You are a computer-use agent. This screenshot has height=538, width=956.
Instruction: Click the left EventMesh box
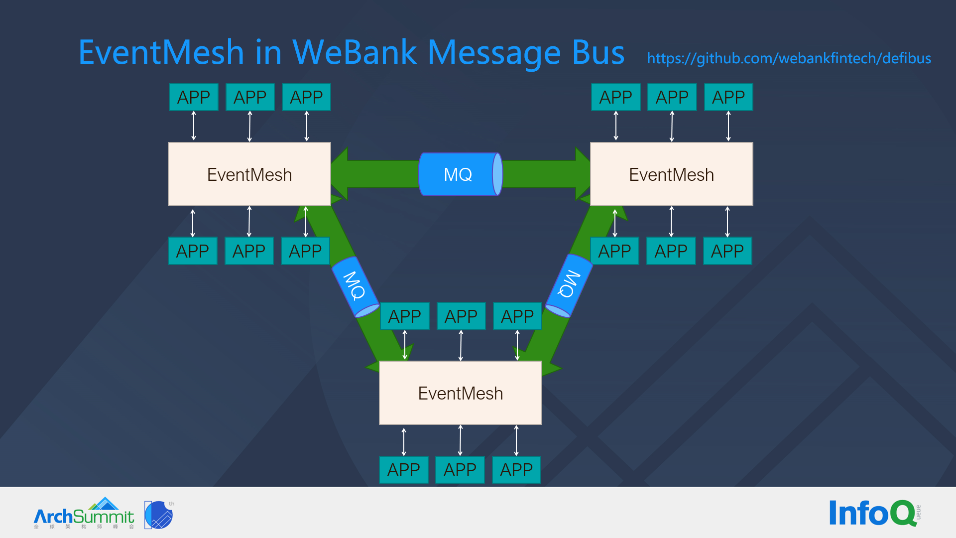pos(249,174)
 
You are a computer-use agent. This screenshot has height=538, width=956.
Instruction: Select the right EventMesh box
pos(671,174)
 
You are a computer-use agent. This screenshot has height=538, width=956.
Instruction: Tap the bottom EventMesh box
pos(460,393)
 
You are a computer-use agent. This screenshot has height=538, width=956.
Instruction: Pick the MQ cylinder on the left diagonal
pos(355,286)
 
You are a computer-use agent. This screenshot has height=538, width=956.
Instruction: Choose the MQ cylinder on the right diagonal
pos(569,285)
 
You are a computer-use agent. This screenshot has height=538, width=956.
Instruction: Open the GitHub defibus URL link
pos(789,58)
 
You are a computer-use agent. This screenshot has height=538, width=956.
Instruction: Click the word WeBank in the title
pos(355,52)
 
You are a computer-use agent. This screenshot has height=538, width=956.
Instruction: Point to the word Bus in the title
pos(597,52)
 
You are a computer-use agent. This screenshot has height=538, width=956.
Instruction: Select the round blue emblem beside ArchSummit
pos(159,515)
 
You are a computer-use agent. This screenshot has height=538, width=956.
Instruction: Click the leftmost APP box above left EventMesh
pos(193,97)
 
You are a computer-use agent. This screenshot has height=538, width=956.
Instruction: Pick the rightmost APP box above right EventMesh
pos(728,97)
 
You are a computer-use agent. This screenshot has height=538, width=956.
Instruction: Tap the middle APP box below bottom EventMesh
pos(460,470)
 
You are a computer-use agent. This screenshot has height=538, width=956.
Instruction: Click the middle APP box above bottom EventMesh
pos(461,316)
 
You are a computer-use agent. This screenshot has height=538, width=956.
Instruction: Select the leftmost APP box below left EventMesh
pos(192,251)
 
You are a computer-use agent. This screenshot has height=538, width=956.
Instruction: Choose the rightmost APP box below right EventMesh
pos(727,251)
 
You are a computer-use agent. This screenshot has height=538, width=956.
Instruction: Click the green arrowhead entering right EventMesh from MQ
pos(582,174)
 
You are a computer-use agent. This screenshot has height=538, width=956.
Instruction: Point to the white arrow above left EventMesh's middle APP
pos(249,127)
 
